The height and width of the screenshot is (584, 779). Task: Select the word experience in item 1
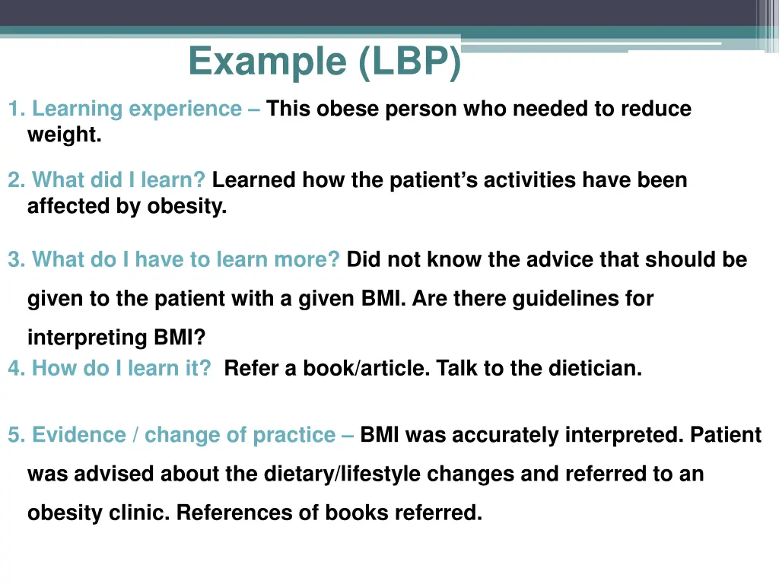point(185,109)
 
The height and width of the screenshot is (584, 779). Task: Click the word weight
point(64,135)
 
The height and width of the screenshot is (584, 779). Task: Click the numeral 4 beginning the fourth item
point(14,369)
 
